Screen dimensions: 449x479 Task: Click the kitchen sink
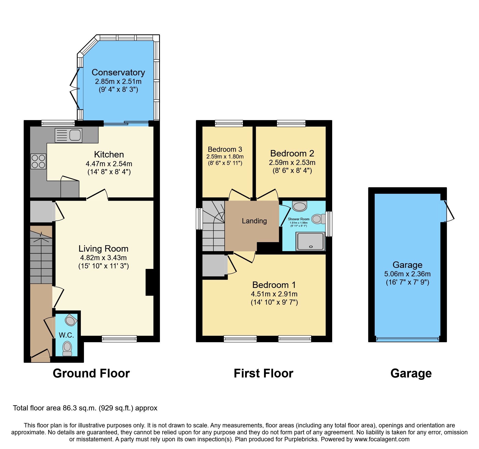point(69,135)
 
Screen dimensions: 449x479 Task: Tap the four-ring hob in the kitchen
point(38,161)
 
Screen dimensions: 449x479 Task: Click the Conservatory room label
point(118,73)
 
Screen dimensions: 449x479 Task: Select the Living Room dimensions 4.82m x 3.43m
point(103,258)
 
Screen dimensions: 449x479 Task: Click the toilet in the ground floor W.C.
point(67,348)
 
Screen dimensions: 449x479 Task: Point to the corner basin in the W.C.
point(70,320)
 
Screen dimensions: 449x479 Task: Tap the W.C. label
point(66,335)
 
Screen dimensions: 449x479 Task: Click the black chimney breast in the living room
point(150,282)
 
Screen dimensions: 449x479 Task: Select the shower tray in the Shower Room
point(310,241)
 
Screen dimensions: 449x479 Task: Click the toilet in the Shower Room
point(318,219)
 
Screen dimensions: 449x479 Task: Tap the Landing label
point(254,221)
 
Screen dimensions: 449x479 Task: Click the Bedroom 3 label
point(225,149)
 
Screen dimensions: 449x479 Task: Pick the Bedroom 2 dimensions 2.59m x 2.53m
point(292,163)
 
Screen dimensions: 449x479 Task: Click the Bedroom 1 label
point(274,285)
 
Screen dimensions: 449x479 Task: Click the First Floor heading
point(263,373)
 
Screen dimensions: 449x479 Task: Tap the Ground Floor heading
point(91,373)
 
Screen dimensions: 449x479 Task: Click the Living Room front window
point(119,339)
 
